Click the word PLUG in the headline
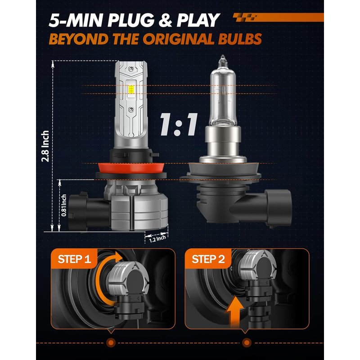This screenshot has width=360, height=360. (131, 20)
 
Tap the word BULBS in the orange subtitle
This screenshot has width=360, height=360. (240, 39)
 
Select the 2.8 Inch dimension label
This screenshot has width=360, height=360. (45, 146)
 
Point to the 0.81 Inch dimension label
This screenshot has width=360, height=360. (64, 205)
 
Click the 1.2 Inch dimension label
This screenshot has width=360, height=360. (157, 238)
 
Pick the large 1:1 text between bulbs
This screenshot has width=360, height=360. (178, 125)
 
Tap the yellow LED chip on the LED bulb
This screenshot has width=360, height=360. (131, 90)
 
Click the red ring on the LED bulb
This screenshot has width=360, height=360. (131, 168)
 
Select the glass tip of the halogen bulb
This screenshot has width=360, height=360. (222, 60)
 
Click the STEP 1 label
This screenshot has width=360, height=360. (74, 259)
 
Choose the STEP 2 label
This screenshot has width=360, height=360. (208, 259)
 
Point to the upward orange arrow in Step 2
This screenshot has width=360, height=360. (234, 311)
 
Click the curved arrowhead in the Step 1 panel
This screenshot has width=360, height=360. (119, 256)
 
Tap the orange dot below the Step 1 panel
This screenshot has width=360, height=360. (111, 342)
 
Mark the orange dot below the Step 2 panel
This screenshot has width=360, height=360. (247, 342)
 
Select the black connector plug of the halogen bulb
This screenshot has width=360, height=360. (278, 208)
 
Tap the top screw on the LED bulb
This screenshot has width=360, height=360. (131, 69)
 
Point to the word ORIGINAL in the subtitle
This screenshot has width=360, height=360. (179, 39)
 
